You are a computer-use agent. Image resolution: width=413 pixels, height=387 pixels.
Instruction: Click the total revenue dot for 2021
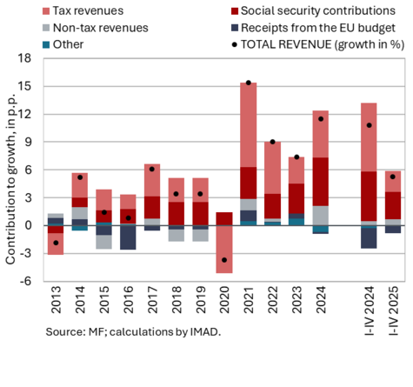click(x=249, y=83)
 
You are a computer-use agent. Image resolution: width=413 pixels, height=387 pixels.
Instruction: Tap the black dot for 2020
click(x=224, y=260)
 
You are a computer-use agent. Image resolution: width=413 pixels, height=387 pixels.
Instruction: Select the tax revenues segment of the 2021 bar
click(x=249, y=125)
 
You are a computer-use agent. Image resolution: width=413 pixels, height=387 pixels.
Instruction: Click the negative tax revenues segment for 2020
click(x=224, y=249)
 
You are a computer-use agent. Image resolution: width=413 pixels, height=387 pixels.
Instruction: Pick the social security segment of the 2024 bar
click(x=321, y=182)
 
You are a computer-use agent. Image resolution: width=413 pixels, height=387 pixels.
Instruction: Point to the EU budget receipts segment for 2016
click(x=128, y=237)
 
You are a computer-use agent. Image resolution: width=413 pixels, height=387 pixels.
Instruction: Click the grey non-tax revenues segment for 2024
click(x=321, y=216)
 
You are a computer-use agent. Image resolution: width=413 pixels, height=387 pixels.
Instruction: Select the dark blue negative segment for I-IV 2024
click(x=369, y=238)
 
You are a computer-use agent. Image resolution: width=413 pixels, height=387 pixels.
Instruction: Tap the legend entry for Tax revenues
click(x=83, y=11)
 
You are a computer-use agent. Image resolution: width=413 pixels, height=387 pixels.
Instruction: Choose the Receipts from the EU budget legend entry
click(x=313, y=28)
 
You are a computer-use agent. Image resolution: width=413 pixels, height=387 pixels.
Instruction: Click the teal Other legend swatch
click(x=46, y=45)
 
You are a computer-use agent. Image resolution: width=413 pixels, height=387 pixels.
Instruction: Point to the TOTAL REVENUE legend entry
click(x=318, y=45)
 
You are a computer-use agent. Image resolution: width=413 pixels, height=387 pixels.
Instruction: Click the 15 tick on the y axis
click(x=24, y=86)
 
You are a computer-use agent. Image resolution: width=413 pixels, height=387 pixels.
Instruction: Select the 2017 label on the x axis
click(x=152, y=300)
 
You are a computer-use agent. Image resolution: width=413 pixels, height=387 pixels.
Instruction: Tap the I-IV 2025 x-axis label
click(x=393, y=310)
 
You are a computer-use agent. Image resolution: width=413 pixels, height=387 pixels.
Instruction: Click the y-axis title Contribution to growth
click(x=10, y=179)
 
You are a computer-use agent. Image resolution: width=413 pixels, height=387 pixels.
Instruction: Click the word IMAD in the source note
click(x=205, y=331)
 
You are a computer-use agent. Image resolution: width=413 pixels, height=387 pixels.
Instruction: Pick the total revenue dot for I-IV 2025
click(x=393, y=177)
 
